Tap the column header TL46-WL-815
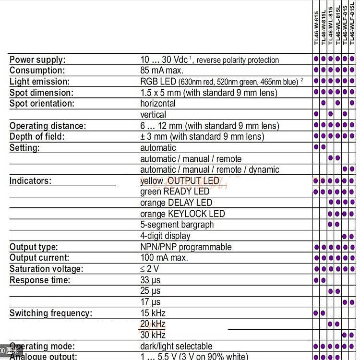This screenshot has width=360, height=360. coord(331,26)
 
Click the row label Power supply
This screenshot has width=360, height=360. coord(37,60)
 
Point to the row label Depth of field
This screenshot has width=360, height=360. coord(44,137)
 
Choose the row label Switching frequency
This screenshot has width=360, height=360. coord(51,313)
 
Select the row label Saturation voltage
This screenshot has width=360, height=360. coord(46,269)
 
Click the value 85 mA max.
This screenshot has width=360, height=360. coord(162,71)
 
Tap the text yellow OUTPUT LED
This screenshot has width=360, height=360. coord(180,181)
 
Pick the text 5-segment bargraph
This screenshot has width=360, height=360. coord(177,225)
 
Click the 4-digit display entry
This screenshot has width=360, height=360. coord(165,236)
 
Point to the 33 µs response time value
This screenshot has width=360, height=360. coord(150,280)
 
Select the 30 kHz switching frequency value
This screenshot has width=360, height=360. coord(153,335)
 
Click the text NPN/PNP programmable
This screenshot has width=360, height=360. coord(186,247)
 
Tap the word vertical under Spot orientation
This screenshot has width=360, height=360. coord(153,115)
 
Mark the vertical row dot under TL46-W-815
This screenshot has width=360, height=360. coord(316,114)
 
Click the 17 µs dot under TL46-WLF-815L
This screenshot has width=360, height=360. coord(352,302)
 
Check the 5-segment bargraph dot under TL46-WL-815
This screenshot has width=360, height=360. coord(330,224)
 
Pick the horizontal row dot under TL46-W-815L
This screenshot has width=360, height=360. coord(323,103)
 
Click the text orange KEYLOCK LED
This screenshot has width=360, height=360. coord(182,214)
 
